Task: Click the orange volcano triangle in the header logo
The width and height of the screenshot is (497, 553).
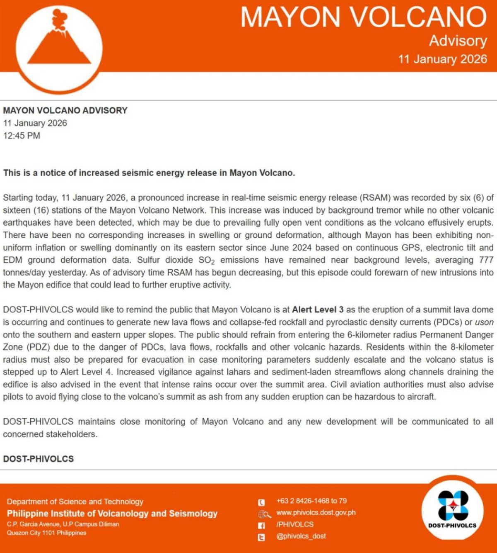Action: [59, 48]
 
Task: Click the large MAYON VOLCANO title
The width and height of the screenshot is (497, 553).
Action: [363, 17]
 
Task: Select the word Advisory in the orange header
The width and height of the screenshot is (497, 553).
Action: [458, 41]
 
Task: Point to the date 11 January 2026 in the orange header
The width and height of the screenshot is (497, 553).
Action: [442, 59]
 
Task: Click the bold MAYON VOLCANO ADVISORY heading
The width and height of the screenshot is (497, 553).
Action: [65, 110]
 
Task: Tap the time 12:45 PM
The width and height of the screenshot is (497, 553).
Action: [22, 136]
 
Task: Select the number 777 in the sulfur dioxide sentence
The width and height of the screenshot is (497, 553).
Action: [486, 260]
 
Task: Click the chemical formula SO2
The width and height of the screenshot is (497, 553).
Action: [206, 261]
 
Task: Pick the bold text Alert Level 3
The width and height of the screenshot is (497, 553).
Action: [318, 309]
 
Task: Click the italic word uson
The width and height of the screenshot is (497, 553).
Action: [484, 322]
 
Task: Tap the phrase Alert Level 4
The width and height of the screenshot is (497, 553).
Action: [87, 372]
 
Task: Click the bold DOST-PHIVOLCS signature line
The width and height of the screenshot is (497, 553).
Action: [39, 459]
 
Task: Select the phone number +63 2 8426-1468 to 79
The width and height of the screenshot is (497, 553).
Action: [311, 501]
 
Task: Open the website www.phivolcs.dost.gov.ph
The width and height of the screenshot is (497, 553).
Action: [316, 512]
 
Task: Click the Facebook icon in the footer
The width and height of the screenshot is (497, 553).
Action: [261, 526]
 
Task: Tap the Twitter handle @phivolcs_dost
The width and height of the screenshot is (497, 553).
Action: [301, 536]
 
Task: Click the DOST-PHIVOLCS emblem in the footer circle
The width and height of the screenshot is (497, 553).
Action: [453, 505]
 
